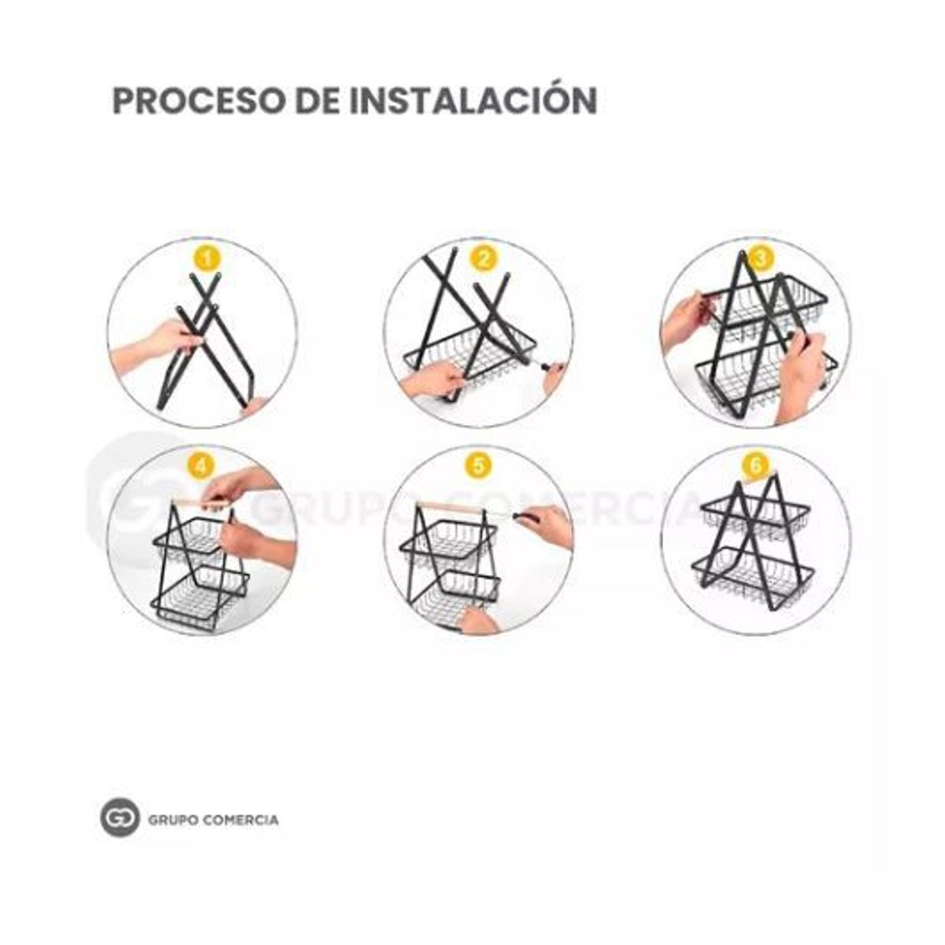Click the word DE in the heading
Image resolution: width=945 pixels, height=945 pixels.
click(318, 101)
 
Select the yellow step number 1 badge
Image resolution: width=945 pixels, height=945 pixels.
click(208, 260)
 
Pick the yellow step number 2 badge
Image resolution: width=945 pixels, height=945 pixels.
click(484, 259)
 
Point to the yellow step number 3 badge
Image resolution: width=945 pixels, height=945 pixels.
click(760, 259)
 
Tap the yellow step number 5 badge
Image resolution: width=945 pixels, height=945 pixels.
click(479, 467)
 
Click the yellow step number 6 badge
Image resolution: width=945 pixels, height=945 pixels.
click(756, 467)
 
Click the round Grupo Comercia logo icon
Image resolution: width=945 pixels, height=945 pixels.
click(120, 820)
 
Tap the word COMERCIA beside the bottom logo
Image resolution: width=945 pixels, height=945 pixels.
click(241, 820)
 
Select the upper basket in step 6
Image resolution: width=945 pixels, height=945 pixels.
click(756, 519)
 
